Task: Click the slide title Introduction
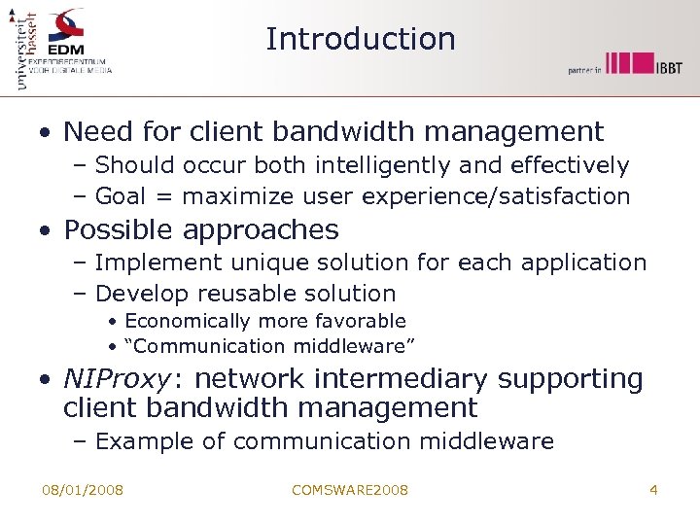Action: pyautogui.click(x=360, y=39)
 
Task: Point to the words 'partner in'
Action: pyautogui.click(x=586, y=70)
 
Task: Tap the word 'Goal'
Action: pyautogui.click(x=122, y=196)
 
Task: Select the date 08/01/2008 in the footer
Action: pyautogui.click(x=83, y=490)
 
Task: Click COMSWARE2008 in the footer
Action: pyautogui.click(x=350, y=490)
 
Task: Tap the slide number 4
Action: pyautogui.click(x=653, y=490)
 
